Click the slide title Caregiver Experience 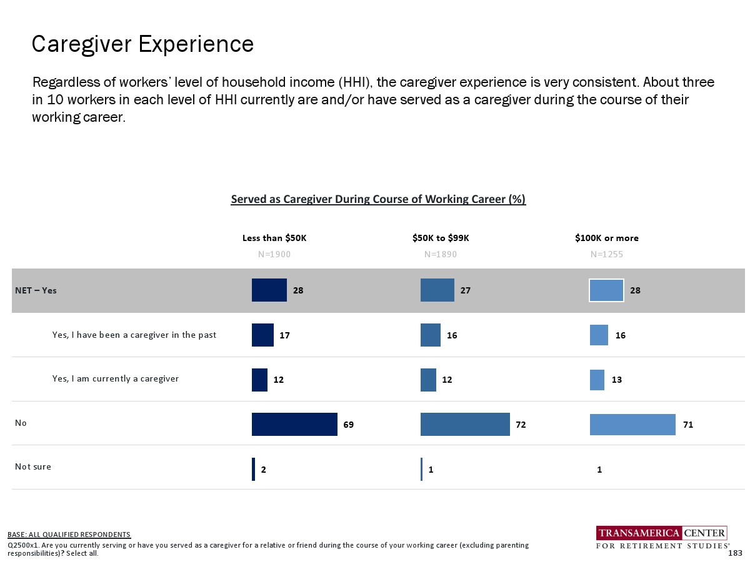click(142, 44)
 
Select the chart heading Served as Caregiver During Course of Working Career click(378, 199)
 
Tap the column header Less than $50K click(274, 238)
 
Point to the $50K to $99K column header click(441, 238)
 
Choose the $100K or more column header click(607, 238)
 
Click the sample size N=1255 click(607, 254)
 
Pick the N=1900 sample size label click(274, 254)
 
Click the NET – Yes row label click(36, 290)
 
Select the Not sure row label click(33, 466)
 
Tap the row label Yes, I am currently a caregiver click(116, 378)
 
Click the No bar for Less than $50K click(294, 425)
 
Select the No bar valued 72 click(465, 425)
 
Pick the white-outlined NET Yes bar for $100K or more click(606, 290)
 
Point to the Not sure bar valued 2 click(253, 469)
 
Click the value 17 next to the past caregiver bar click(284, 335)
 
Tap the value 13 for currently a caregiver click(617, 380)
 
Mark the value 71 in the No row click(688, 425)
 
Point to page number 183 click(735, 553)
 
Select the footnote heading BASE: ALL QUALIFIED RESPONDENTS click(69, 535)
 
